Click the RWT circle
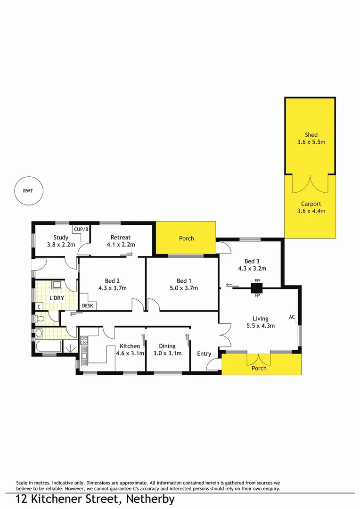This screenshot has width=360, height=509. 29,191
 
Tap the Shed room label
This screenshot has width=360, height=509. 311,135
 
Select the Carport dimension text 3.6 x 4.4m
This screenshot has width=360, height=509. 311,211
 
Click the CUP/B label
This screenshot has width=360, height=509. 81,229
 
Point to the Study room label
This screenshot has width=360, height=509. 61,238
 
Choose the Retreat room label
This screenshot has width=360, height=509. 121,238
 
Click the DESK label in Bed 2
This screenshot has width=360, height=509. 88,306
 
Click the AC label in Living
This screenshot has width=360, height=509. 292,317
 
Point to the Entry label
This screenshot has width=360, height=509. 204,354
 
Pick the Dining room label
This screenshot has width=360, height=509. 167,346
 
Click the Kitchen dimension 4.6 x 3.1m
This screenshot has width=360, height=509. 130,353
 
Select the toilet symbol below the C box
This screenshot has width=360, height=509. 41,319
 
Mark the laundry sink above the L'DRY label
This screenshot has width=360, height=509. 57,285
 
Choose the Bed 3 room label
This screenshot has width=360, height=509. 252,261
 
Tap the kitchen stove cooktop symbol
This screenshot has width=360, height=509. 84,339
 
